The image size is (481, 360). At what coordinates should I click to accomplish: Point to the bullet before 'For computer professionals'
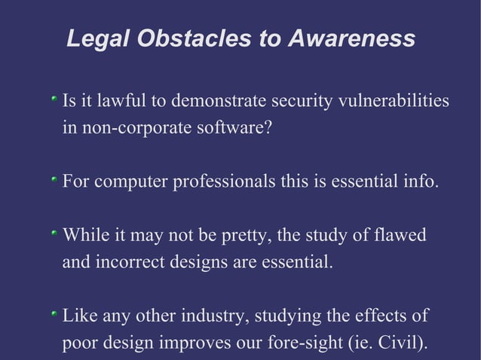[54, 182]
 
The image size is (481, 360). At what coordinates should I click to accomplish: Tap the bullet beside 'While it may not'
[54, 235]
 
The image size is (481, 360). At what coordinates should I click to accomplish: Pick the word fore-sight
[306, 343]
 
